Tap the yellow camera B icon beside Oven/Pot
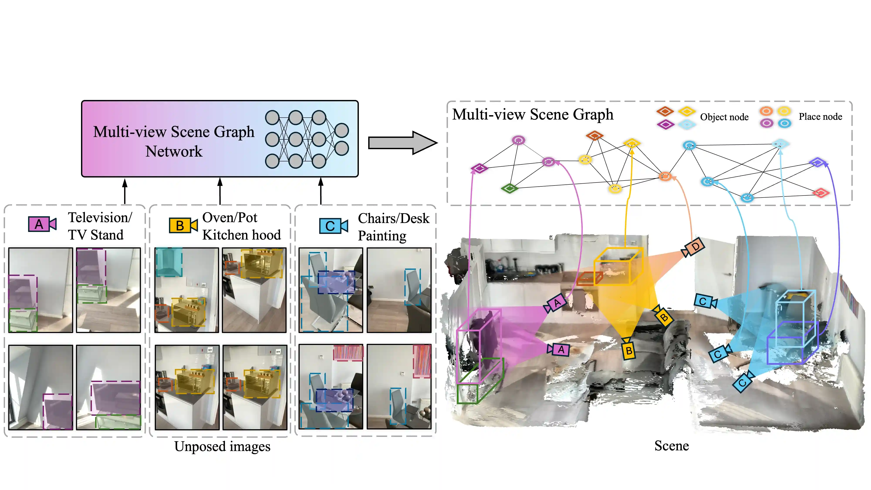183,225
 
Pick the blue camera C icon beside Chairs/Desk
333,226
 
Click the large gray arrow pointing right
402,143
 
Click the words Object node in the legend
724,117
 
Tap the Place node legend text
820,117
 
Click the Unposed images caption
222,446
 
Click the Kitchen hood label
241,235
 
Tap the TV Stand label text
96,235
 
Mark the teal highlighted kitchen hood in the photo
169,262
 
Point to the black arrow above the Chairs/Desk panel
321,191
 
